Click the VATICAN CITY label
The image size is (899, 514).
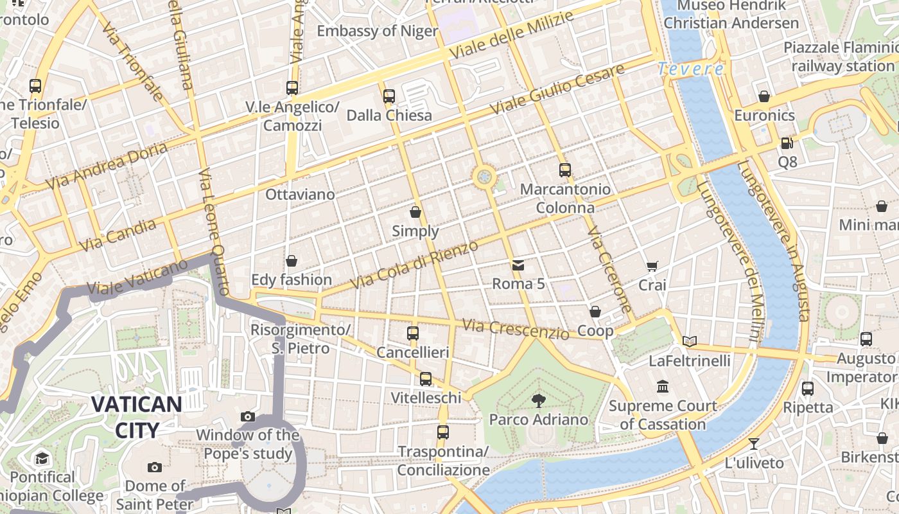[x=136, y=416]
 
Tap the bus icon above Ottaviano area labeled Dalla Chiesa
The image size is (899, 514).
[x=388, y=96]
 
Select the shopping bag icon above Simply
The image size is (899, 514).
[x=415, y=212]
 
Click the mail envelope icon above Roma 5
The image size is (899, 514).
[x=518, y=265]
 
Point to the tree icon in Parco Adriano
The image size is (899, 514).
[x=538, y=401]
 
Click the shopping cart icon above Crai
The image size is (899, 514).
[x=652, y=266]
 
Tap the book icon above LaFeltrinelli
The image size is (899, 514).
[x=690, y=341]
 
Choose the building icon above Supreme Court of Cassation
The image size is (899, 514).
[x=663, y=387]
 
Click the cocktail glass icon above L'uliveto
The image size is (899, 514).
[x=754, y=443]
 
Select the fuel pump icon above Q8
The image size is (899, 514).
[x=787, y=143]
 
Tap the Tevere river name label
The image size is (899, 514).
[x=690, y=69]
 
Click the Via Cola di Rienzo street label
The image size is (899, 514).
[x=414, y=265]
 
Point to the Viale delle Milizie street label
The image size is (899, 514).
[x=511, y=36]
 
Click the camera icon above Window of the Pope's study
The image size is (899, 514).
[x=247, y=416]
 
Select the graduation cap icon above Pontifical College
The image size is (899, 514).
[x=42, y=458]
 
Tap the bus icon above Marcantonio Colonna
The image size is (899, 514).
[x=564, y=170]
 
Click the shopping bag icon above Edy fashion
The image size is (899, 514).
[x=292, y=261]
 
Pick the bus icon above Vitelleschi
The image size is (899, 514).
[x=426, y=379]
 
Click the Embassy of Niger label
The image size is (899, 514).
[x=377, y=31]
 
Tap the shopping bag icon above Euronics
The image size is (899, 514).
[x=764, y=96]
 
